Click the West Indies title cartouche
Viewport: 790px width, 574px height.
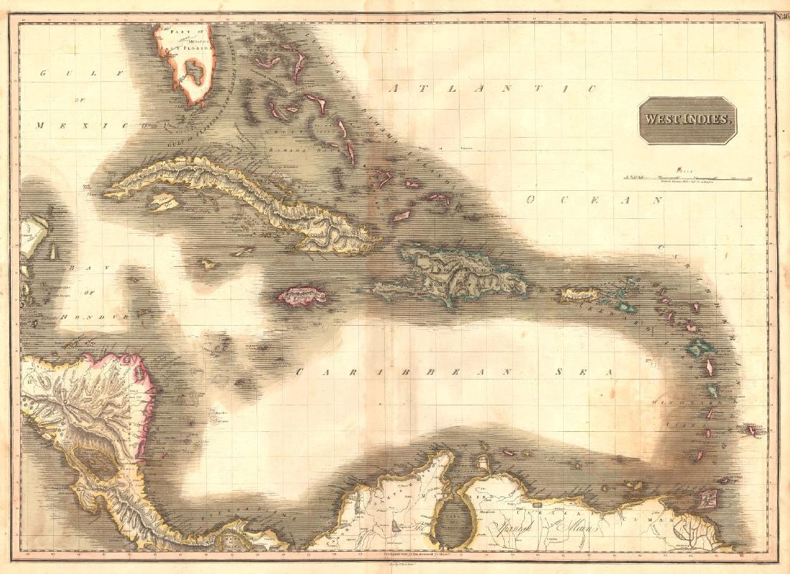point(687,120)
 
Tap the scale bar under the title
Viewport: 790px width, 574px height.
point(688,176)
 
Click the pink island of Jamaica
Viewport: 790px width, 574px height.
point(302,295)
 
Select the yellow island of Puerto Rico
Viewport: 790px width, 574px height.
point(580,294)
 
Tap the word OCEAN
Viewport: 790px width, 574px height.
point(592,200)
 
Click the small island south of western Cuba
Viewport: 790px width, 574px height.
point(163,203)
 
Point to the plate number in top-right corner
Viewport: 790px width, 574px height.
point(781,16)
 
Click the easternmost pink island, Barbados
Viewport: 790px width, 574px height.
point(752,431)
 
